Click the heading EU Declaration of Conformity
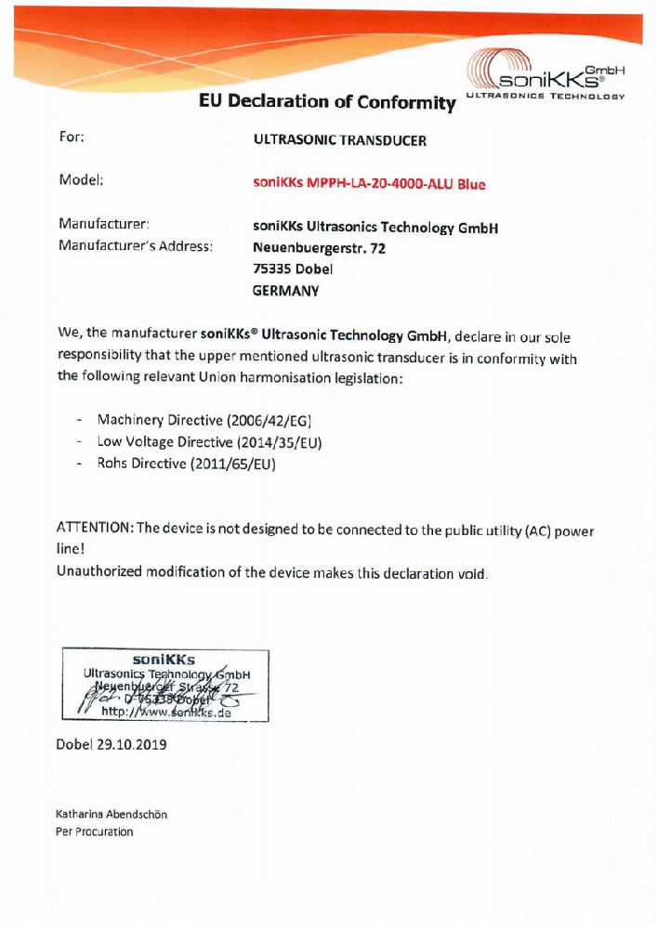pyautogui.click(x=327, y=102)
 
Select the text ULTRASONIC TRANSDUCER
pyautogui.click(x=339, y=141)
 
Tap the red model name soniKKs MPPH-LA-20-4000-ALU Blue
pyautogui.click(x=369, y=184)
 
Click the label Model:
pyautogui.click(x=81, y=180)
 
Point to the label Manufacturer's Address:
pyautogui.click(x=136, y=246)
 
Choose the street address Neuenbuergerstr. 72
pyautogui.click(x=319, y=248)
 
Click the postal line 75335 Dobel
pyautogui.click(x=293, y=269)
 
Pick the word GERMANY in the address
pyautogui.click(x=285, y=291)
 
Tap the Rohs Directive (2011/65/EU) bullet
pyautogui.click(x=187, y=464)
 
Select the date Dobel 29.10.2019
pyautogui.click(x=112, y=745)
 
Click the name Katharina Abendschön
pyautogui.click(x=112, y=815)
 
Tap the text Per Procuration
pyautogui.click(x=95, y=831)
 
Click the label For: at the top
pyautogui.click(x=72, y=137)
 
